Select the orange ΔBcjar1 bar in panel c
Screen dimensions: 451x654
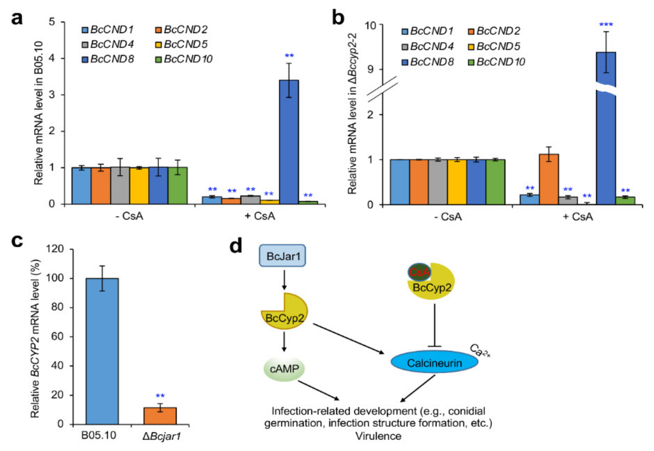[160, 416]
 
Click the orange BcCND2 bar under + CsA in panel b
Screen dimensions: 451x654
[549, 179]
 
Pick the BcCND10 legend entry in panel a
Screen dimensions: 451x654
[184, 59]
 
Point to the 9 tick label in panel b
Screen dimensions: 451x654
[370, 69]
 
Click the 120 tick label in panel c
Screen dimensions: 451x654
[56, 249]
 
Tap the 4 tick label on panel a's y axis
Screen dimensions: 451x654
[52, 58]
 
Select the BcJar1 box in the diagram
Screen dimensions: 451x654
[282, 256]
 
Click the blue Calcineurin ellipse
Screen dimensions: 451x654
[434, 363]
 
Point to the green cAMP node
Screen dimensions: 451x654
[284, 369]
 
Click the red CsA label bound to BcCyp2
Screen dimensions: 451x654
[419, 272]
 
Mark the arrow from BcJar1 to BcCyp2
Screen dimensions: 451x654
[284, 280]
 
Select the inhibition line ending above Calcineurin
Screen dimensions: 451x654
[434, 325]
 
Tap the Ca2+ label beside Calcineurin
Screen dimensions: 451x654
[480, 351]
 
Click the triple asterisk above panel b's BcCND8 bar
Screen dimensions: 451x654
[606, 24]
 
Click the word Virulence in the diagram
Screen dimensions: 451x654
[378, 436]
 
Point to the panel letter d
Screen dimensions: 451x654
[236, 246]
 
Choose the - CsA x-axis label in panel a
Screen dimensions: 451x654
[130, 216]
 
